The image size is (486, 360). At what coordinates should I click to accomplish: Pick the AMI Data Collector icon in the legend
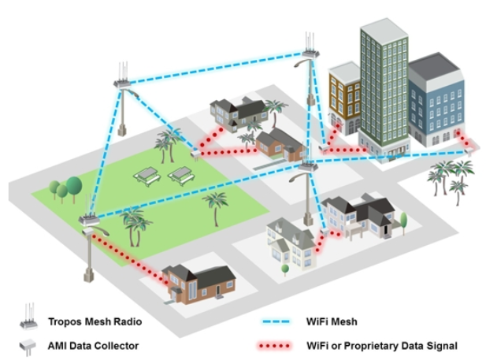[30, 345]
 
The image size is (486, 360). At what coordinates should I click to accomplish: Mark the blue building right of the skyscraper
[436, 98]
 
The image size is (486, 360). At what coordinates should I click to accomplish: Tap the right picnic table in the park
[181, 172]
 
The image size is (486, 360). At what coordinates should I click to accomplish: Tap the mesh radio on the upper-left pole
[124, 82]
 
